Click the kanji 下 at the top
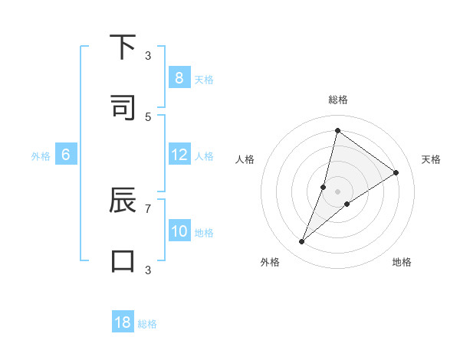click(x=123, y=47)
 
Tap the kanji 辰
click(x=123, y=201)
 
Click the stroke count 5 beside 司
click(x=148, y=116)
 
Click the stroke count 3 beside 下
click(x=148, y=55)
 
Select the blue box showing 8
click(x=179, y=78)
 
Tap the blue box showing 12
click(x=179, y=155)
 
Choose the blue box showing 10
click(x=179, y=231)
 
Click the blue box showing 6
click(x=66, y=155)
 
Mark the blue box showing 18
click(x=123, y=322)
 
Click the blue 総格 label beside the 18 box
click(x=147, y=324)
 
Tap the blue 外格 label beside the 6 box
click(x=41, y=156)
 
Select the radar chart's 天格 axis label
click(x=431, y=159)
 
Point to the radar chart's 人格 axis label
click(x=245, y=159)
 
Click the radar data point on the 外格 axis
click(x=302, y=242)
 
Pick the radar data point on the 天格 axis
click(x=396, y=173)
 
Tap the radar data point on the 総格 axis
click(x=337, y=130)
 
